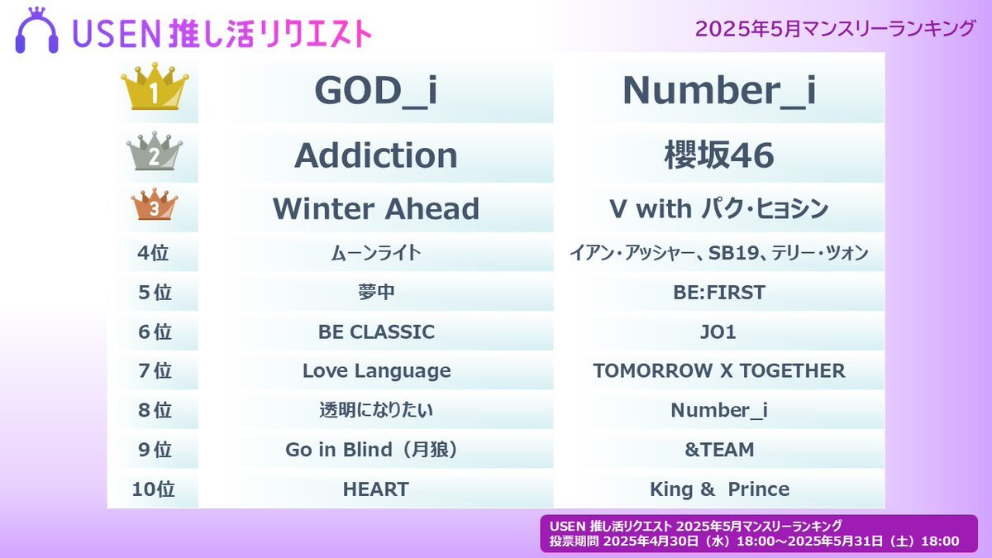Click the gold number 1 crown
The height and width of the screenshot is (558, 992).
point(155,86)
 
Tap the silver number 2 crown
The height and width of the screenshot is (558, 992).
point(154,151)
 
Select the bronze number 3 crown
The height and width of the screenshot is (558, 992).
point(155,204)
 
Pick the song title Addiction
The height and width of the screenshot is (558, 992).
point(376,155)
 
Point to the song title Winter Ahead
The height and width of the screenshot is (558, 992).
point(376,208)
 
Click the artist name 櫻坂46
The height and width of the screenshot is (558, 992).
point(719,155)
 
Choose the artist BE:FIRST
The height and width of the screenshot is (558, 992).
point(719,293)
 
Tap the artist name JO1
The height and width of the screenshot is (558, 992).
point(718,331)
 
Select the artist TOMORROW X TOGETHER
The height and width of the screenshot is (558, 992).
point(719,370)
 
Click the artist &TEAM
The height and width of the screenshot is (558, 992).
point(719,450)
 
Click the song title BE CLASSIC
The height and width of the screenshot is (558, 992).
point(376,331)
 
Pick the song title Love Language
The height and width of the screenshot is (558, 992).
point(376,371)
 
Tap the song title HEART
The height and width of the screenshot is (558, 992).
point(376,489)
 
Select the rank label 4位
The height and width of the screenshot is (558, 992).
point(153,253)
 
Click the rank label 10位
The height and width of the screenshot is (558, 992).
point(153,489)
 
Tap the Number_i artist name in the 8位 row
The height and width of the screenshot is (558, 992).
point(719,411)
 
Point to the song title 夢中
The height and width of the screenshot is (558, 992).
point(376,293)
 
